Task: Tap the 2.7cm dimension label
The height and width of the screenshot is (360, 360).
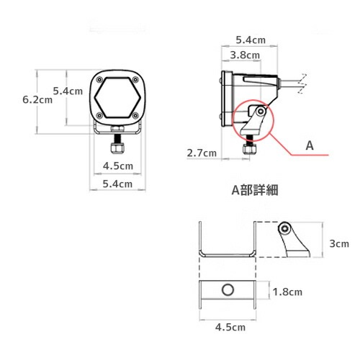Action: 201,153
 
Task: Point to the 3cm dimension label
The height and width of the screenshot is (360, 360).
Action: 338,244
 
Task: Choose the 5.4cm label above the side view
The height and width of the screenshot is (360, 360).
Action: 248,40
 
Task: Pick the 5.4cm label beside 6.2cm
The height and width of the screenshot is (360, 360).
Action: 68,91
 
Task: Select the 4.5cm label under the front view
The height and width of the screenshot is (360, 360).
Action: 118,166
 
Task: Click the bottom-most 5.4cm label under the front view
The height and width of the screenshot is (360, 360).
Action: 118,184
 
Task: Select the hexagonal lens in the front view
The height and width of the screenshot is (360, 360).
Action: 117,98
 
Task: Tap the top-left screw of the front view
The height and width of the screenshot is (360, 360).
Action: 99,80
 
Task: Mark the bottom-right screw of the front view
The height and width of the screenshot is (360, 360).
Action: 136,116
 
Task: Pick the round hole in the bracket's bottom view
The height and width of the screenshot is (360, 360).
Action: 228,291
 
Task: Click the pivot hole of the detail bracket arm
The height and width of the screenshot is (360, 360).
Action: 287,228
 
